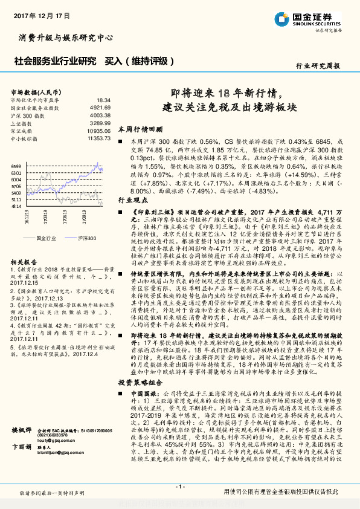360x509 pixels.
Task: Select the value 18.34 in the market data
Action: (103, 99)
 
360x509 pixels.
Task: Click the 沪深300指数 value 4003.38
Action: (100, 114)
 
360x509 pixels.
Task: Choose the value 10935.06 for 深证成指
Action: (98, 130)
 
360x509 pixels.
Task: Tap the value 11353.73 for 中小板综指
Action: (98, 138)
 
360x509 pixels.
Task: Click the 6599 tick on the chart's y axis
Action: (16, 166)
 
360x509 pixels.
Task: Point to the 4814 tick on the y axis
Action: (16, 206)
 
